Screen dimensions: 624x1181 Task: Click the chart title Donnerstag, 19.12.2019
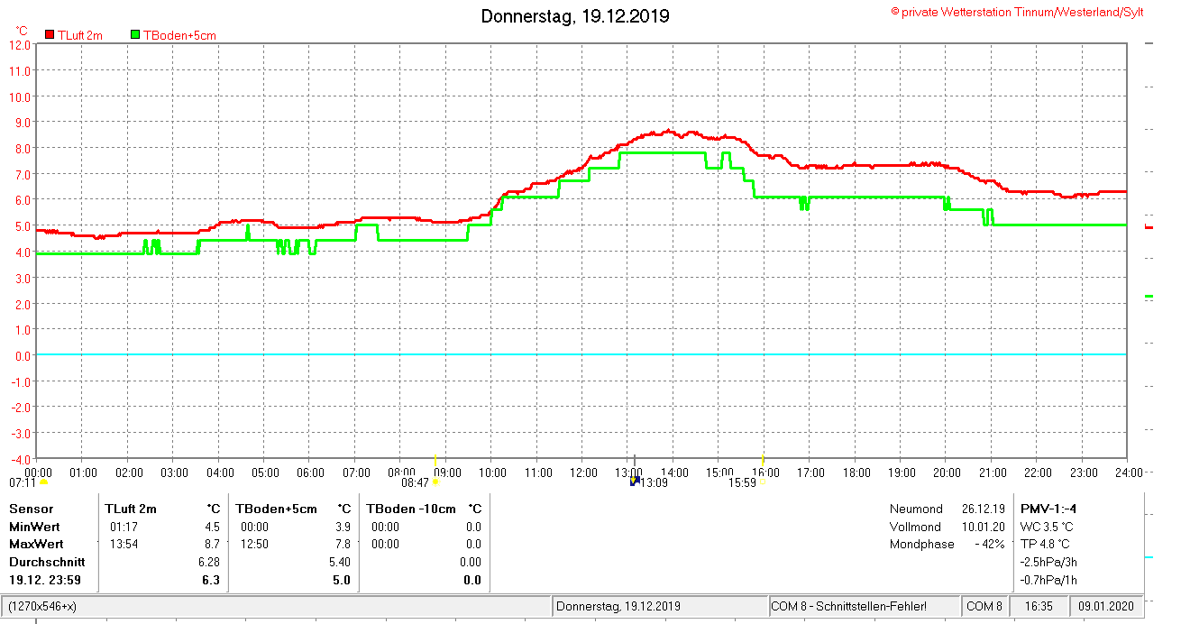coord(574,16)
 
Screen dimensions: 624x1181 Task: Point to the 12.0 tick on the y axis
coord(20,44)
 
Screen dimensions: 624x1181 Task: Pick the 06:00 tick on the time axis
coord(310,473)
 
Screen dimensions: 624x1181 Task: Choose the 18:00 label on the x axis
coord(856,473)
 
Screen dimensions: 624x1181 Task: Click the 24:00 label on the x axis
coord(1128,473)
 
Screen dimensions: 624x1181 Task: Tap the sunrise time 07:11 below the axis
coord(23,482)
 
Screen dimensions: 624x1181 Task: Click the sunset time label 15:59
coord(742,482)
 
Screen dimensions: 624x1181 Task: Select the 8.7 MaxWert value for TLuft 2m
coord(211,544)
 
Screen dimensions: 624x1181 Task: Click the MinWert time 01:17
coord(124,527)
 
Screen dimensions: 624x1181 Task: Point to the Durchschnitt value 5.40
coord(341,562)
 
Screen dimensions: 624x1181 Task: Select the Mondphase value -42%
coord(989,544)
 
